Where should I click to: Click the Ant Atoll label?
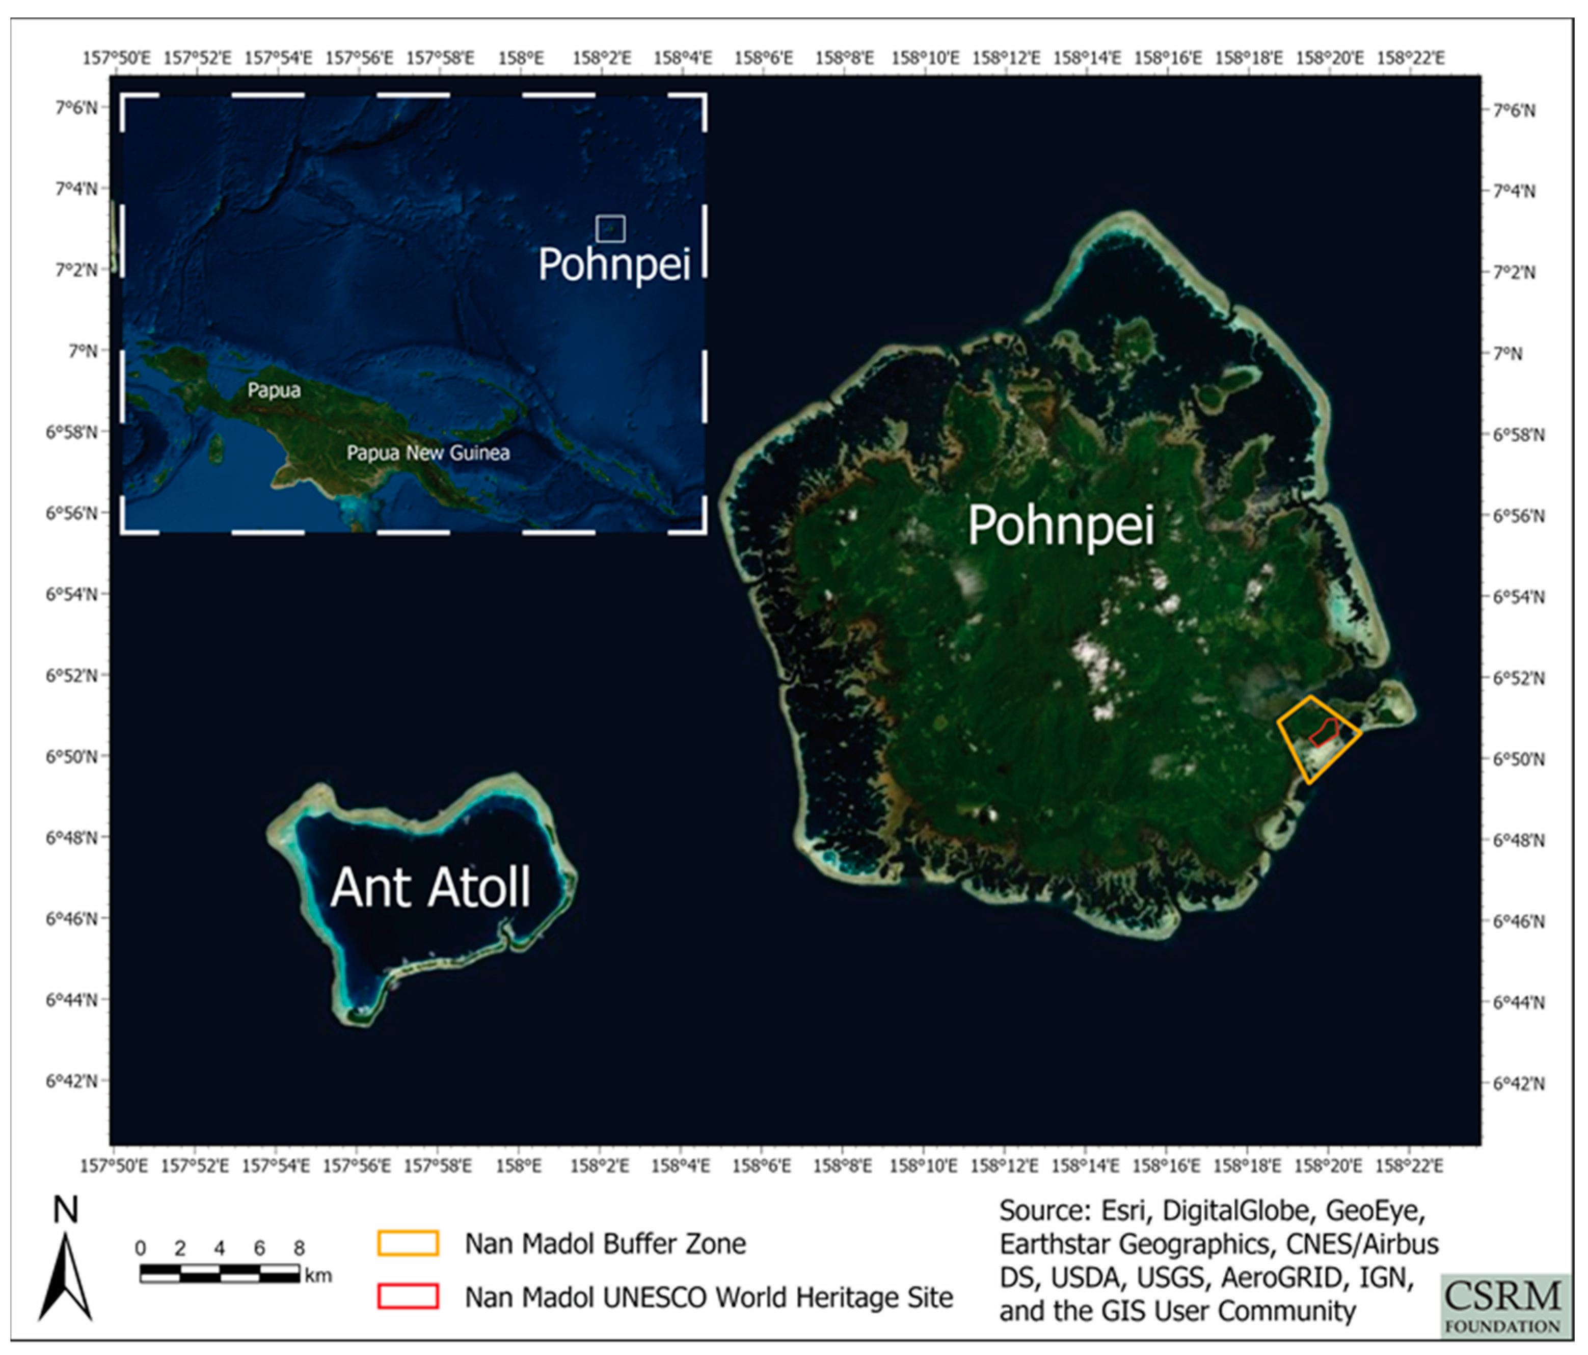430,888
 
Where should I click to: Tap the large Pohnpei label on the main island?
1061,526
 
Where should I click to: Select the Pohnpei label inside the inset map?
614,264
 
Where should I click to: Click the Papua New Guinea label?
427,453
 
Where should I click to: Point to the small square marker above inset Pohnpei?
610,228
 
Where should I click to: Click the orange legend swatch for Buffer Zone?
408,1243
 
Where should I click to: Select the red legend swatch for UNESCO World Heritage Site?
408,1297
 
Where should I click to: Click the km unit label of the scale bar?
318,1276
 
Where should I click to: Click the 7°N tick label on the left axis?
83,351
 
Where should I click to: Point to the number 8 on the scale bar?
299,1248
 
